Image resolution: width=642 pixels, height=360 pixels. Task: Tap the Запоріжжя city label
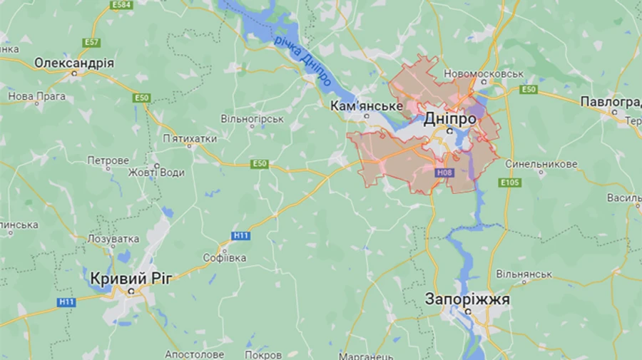coord(467,299)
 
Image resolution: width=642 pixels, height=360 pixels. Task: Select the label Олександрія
coord(73,63)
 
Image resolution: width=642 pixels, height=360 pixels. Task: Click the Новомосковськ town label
coord(484,74)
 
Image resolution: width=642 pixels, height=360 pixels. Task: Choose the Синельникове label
coord(541,164)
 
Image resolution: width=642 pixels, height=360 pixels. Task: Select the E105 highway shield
coord(510,182)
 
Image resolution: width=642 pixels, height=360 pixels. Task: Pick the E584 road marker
coord(121,5)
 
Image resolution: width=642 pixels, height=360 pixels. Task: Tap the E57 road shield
coord(91,43)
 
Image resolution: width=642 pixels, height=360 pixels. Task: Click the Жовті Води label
coord(156,173)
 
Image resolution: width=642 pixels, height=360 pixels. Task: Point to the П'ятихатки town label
coord(190,138)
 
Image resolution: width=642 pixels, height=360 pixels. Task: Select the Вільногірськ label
coord(252,119)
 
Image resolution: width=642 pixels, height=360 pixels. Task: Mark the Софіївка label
coord(225,257)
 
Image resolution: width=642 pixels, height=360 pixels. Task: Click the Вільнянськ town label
coord(524,274)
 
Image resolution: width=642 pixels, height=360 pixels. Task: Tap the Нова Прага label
coord(36,96)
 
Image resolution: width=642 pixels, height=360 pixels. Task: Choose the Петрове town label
coord(108,160)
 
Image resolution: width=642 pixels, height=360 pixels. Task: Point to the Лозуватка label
coord(113,239)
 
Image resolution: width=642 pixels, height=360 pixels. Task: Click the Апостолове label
coord(194,354)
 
